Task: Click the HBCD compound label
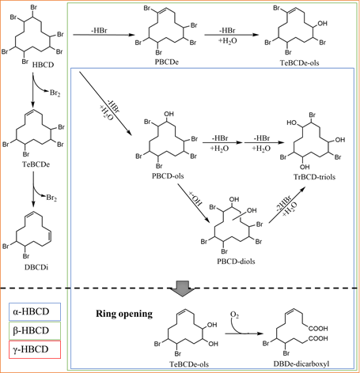(43, 65)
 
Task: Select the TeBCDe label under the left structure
(36, 164)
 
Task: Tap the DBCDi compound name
(36, 267)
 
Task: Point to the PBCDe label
(167, 62)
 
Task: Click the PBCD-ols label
(168, 175)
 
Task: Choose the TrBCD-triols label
(314, 177)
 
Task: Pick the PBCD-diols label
(236, 262)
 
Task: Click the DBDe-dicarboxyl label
(301, 364)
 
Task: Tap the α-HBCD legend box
(35, 311)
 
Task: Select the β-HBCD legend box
(35, 330)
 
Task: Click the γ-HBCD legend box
(35, 349)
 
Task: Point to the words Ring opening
(124, 314)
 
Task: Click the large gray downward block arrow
(182, 288)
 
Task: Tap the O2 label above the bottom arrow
(234, 315)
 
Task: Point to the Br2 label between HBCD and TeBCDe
(55, 92)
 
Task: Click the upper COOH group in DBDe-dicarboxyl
(318, 329)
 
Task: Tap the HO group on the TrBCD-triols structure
(292, 122)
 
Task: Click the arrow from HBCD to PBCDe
(104, 35)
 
